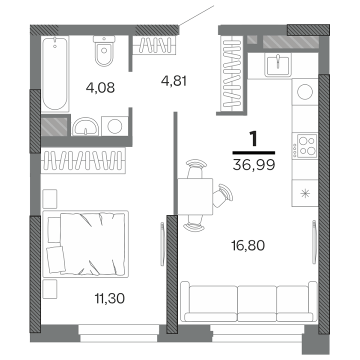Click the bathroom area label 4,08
[100, 87]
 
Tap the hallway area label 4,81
[174, 81]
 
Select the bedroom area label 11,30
[109, 298]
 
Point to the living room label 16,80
[248, 245]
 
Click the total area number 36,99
[253, 164]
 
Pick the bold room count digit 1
[253, 138]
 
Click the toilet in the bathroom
[104, 50]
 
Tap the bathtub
[55, 73]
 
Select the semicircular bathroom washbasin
[85, 126]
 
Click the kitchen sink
[278, 65]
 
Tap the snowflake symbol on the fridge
[305, 193]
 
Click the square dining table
[195, 196]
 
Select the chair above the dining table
[195, 169]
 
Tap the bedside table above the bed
[50, 199]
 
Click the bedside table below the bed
[50, 289]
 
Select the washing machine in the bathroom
[115, 126]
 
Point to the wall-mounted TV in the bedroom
[162, 244]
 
